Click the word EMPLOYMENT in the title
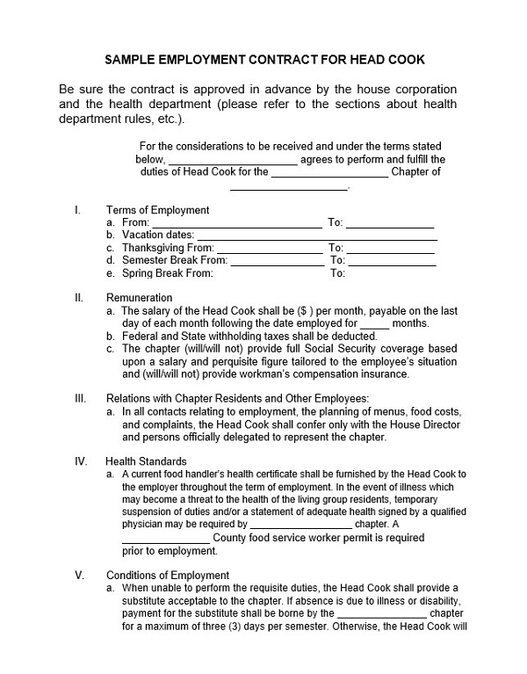pyautogui.click(x=205, y=61)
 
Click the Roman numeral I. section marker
pyautogui.click(x=78, y=210)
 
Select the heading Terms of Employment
pyautogui.click(x=157, y=210)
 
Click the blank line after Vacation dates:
pyautogui.click(x=316, y=236)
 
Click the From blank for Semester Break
pyautogui.click(x=277, y=261)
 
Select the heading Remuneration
pyautogui.click(x=139, y=298)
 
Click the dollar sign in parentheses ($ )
pyautogui.click(x=305, y=311)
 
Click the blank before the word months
pyautogui.click(x=374, y=323)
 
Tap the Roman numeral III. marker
pyautogui.click(x=80, y=398)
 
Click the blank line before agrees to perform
pyautogui.click(x=232, y=160)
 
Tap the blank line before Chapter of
pyautogui.click(x=329, y=173)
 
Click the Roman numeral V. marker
pyautogui.click(x=79, y=576)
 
